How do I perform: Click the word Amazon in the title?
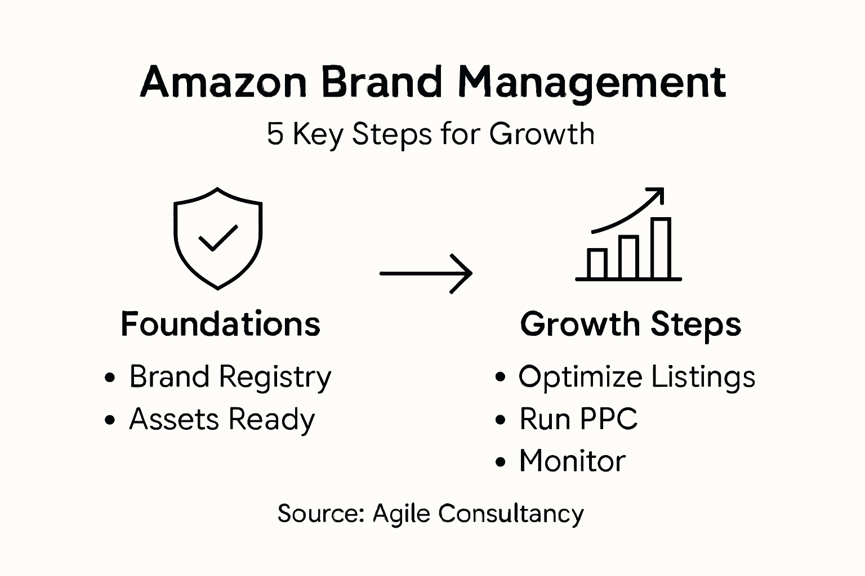(x=223, y=83)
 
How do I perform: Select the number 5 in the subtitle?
(x=275, y=134)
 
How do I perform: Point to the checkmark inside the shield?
(x=218, y=237)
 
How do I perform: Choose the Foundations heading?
(x=220, y=325)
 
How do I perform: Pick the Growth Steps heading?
(x=630, y=325)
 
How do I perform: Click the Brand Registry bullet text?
(x=230, y=377)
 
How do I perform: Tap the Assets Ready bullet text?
(x=221, y=420)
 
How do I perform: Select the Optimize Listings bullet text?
(x=636, y=377)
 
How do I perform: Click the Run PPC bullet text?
(x=578, y=419)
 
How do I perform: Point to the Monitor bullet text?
(x=572, y=461)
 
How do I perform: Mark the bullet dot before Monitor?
(x=500, y=462)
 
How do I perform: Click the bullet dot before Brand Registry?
(x=110, y=377)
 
